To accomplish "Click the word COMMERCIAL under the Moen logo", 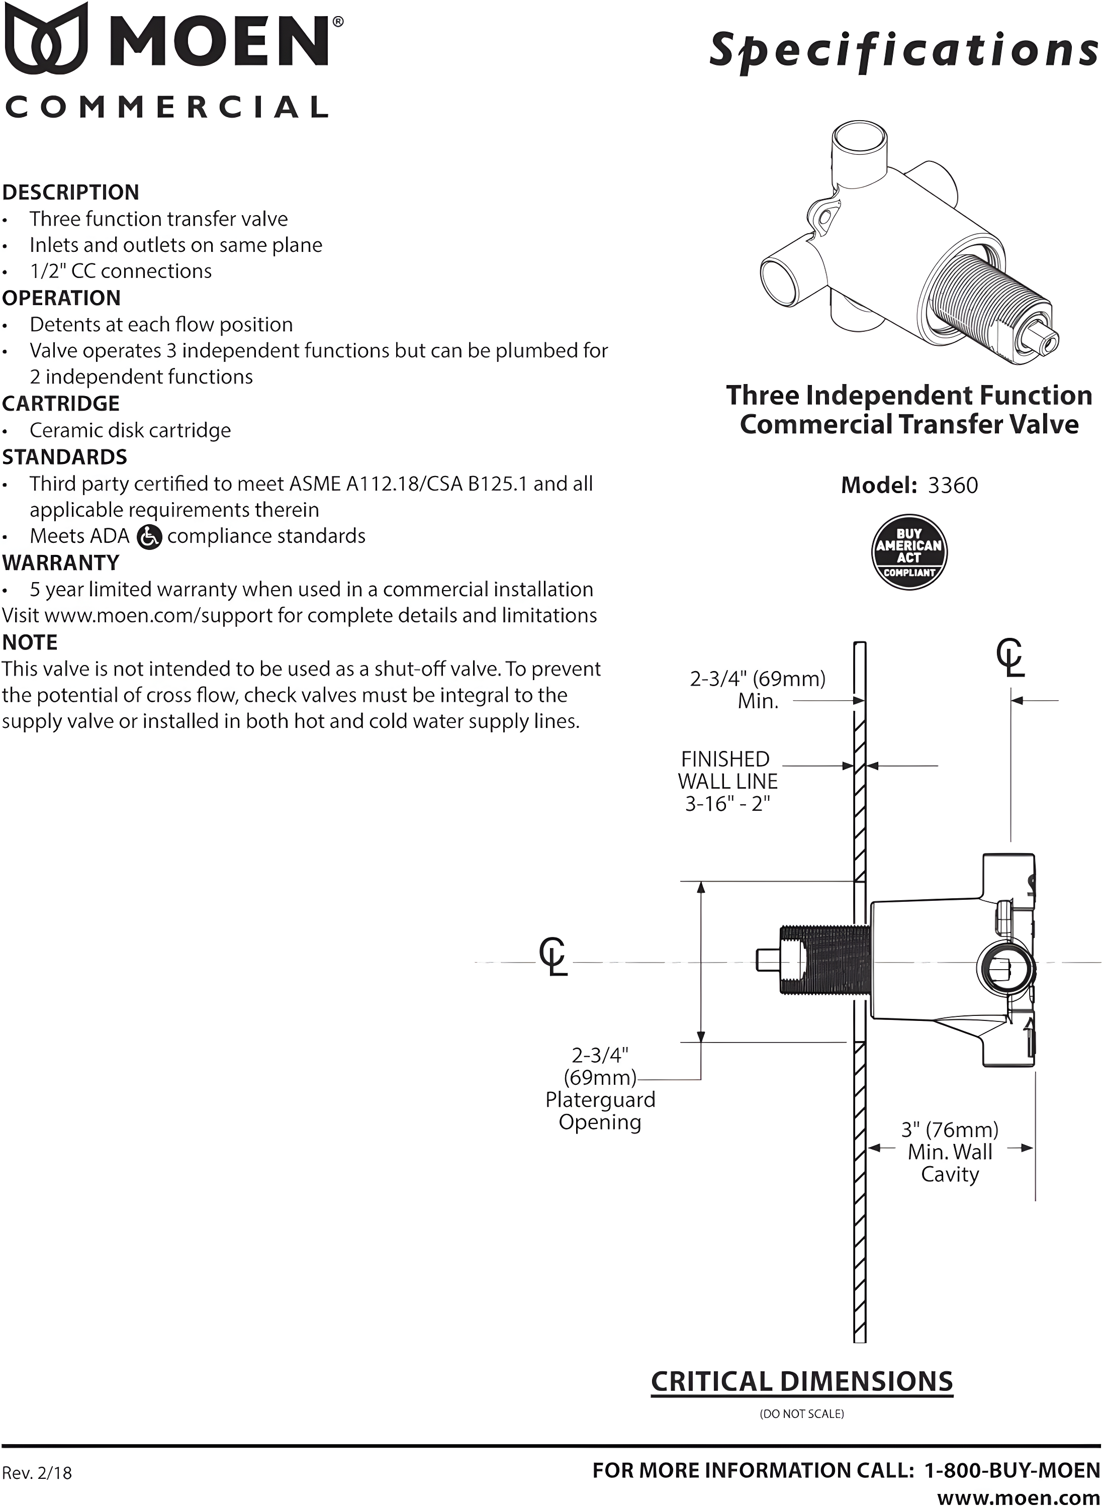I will click(x=167, y=108).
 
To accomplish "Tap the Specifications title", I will click(x=903, y=51).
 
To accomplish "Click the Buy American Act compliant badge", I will click(x=909, y=552).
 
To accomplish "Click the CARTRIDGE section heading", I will click(x=61, y=404).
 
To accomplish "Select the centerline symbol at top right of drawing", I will click(x=1010, y=657).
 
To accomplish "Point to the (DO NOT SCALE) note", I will click(x=802, y=1414).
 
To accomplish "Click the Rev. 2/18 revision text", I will click(x=37, y=1473).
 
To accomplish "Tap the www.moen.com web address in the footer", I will click(x=1018, y=1497).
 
